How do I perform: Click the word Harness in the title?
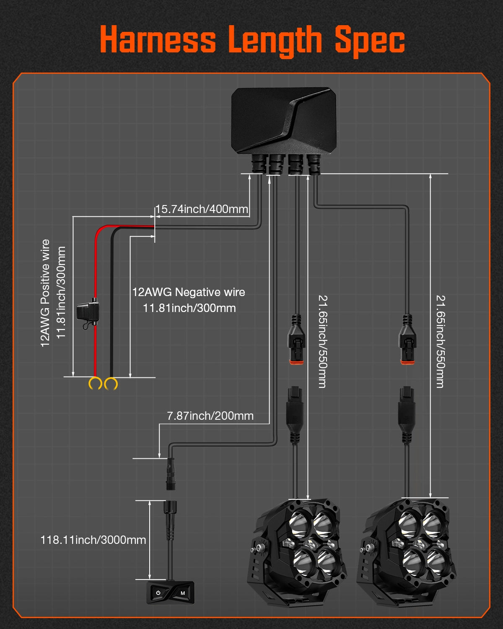(x=158, y=40)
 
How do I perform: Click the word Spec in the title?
(x=370, y=41)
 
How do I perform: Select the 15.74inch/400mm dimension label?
(x=202, y=209)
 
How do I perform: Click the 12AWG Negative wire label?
(x=189, y=292)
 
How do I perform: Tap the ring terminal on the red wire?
(x=96, y=383)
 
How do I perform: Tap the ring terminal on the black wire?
(x=111, y=383)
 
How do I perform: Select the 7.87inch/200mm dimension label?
(x=210, y=416)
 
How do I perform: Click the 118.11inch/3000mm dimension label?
(x=93, y=540)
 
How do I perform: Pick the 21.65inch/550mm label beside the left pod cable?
(x=322, y=341)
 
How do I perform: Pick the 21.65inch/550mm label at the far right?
(x=440, y=341)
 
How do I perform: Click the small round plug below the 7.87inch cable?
(x=171, y=474)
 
